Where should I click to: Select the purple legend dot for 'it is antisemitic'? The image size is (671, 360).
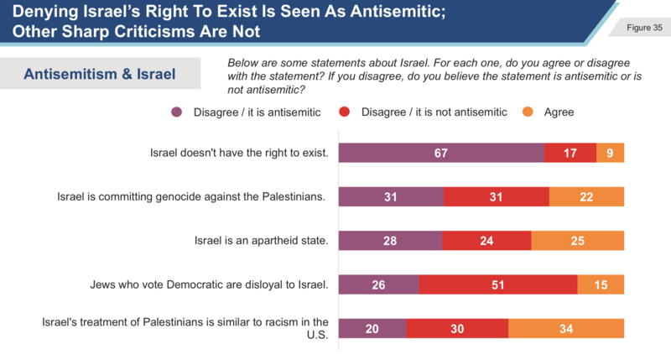tap(177, 112)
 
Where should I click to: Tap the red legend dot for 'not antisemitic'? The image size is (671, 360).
tap(344, 112)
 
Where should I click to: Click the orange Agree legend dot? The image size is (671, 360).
tap(528, 112)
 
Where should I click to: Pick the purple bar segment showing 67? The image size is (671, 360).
tap(441, 152)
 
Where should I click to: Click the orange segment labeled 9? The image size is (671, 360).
tap(611, 152)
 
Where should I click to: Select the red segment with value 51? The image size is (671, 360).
tap(498, 284)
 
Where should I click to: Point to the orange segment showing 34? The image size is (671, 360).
tap(567, 328)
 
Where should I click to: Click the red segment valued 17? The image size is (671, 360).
tap(570, 152)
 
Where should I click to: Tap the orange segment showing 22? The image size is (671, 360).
tap(587, 196)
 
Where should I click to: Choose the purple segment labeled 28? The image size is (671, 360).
tap(390, 240)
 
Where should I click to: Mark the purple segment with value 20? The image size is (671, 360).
tap(372, 328)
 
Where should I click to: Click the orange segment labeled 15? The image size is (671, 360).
tap(601, 284)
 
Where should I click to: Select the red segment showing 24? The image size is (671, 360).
tap(487, 240)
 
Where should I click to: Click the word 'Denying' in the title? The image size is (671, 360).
tap(41, 12)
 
